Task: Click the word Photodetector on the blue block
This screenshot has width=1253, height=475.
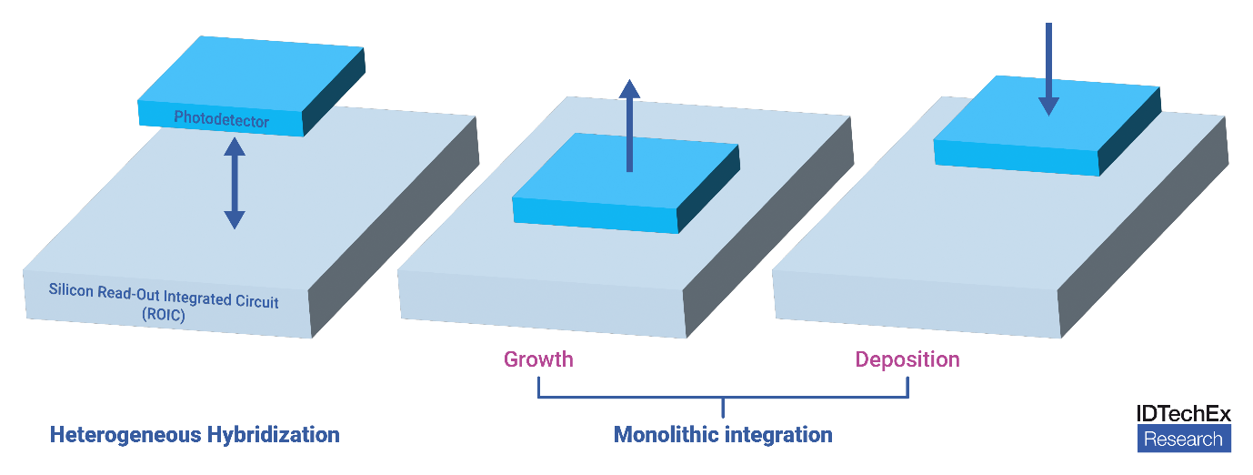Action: point(222,118)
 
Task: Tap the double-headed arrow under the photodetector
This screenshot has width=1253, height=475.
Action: point(235,183)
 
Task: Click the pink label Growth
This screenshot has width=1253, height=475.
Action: point(538,359)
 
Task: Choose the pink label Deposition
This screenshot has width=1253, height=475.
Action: point(907,359)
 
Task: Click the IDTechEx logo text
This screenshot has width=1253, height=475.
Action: point(1183,413)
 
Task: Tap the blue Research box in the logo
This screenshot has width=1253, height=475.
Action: point(1183,440)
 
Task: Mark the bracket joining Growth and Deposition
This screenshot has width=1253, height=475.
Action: point(723,397)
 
